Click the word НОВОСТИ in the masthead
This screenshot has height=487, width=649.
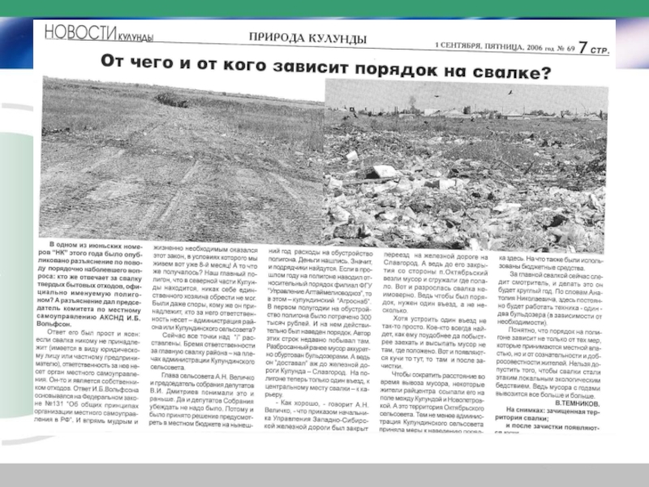(75, 32)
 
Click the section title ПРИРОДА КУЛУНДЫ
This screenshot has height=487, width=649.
(307, 38)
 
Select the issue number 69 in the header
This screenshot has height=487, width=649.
(569, 49)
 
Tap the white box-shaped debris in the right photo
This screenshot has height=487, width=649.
(381, 171)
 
